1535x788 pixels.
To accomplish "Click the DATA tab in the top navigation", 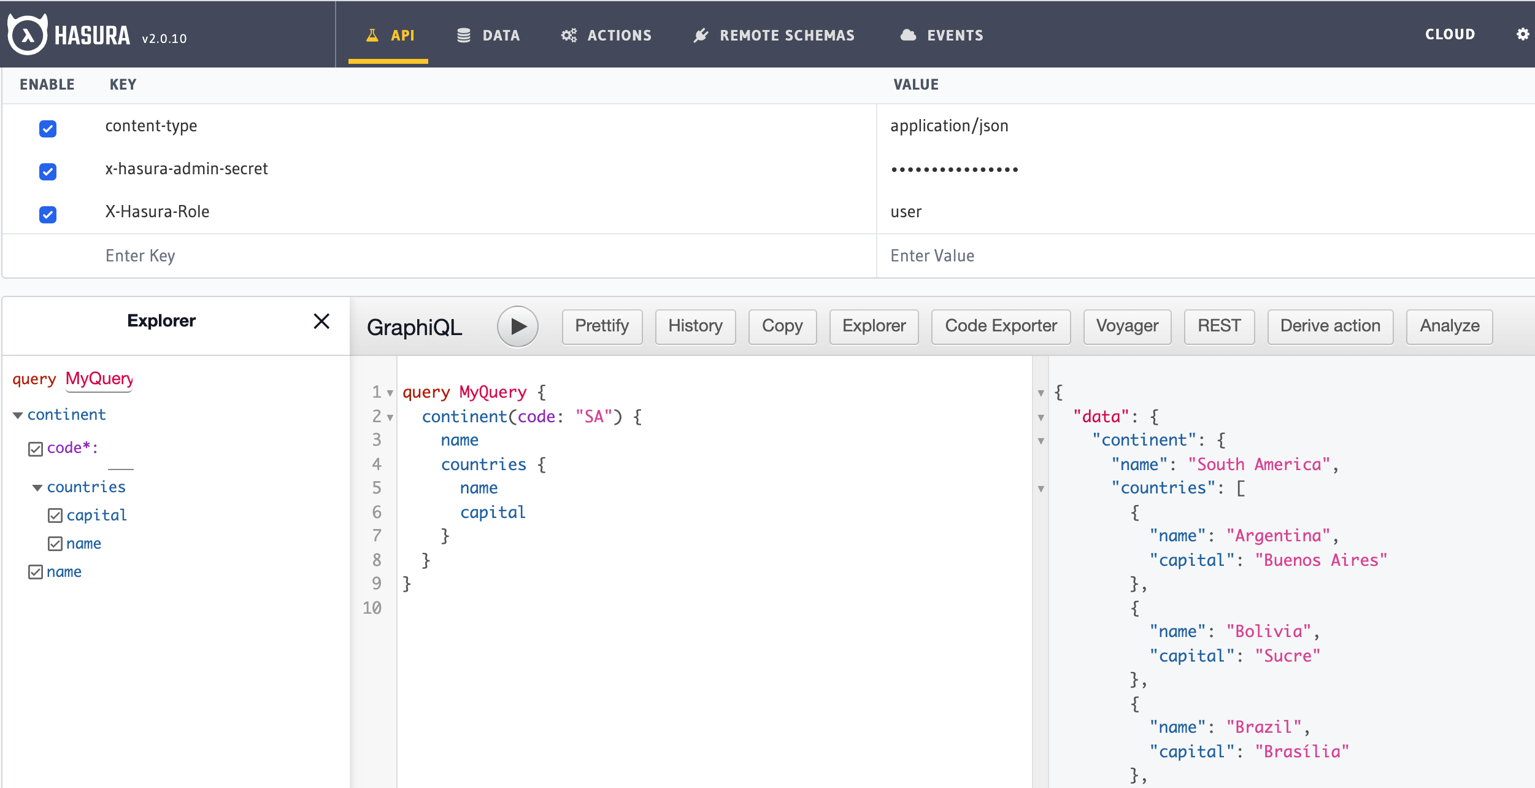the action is point(488,36).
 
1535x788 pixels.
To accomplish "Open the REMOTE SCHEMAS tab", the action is point(774,36).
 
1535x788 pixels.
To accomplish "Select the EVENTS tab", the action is point(942,36).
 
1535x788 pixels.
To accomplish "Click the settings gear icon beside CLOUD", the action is point(1522,34).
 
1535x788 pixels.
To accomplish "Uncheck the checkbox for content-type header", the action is point(48,128).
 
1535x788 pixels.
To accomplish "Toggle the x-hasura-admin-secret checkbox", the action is point(48,171).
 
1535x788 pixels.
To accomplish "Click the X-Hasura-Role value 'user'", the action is point(906,212).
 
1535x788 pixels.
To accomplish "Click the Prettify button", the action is point(602,326).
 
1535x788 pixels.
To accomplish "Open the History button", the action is point(695,326).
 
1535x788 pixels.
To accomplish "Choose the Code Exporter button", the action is point(1001,326).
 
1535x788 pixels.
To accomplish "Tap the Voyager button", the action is point(1127,326).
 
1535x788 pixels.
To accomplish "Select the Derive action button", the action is point(1330,326).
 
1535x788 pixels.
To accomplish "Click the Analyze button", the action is point(1449,326).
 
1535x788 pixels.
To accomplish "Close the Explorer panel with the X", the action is point(321,321).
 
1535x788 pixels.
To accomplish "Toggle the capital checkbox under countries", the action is point(55,516).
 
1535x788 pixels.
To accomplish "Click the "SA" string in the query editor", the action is point(594,417).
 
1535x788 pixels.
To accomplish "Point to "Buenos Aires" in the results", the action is point(1321,560).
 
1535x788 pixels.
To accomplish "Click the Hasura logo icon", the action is point(27,34).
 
